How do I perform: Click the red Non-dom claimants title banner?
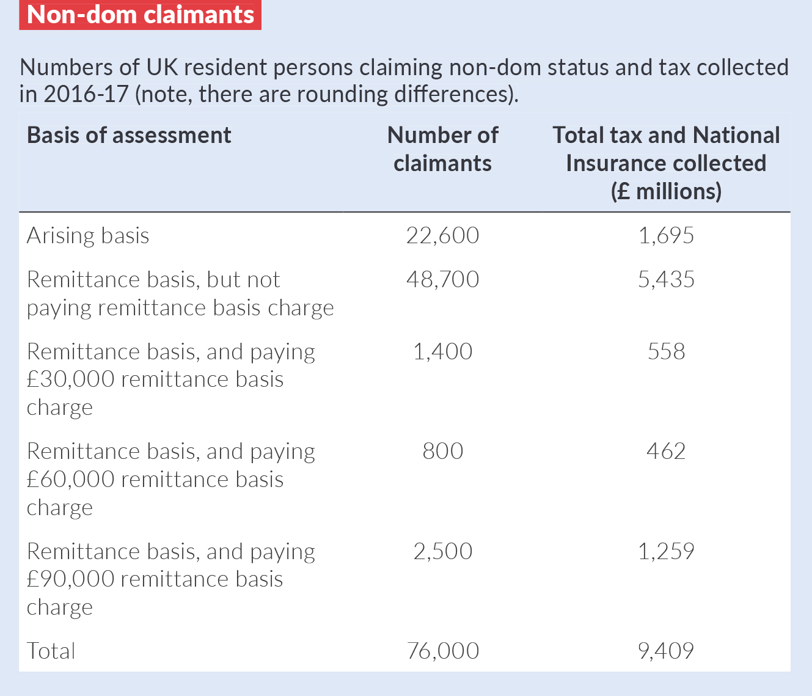coord(140,15)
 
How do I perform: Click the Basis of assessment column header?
coord(129,135)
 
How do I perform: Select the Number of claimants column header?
coord(442,149)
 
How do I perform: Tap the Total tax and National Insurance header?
coord(666,163)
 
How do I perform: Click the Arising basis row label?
coord(88,236)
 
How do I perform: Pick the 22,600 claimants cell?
coord(442,236)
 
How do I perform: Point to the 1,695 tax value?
coord(666,236)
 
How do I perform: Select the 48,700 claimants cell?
coord(442,280)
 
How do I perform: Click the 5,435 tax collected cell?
coord(666,280)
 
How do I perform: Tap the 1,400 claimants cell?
coord(442,352)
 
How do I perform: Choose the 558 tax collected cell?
coord(666,352)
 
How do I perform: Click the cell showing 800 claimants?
coord(442,452)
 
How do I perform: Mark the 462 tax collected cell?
coord(666,452)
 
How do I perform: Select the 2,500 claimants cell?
coord(442,552)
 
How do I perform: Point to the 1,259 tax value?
coord(666,552)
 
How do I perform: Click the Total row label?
coord(51,651)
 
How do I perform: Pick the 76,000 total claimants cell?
coord(442,651)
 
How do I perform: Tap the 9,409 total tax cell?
coord(666,651)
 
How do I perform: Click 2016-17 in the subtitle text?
coord(86,95)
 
